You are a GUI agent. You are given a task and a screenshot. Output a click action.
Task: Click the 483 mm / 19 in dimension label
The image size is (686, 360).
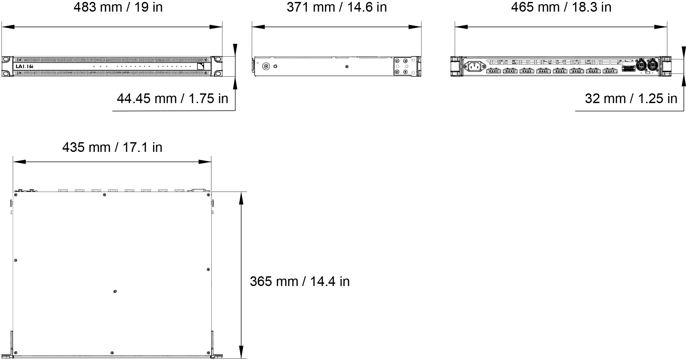(x=118, y=7)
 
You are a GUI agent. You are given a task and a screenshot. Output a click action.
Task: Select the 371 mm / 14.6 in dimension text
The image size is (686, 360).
(x=337, y=7)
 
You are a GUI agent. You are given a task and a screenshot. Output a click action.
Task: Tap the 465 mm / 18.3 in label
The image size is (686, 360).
(x=561, y=7)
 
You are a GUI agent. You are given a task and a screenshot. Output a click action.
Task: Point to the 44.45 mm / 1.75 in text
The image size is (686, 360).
(x=172, y=98)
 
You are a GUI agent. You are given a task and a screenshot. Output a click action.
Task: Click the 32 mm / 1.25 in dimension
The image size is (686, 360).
(x=631, y=98)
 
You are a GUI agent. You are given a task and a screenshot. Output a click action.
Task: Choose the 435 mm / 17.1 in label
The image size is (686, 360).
(x=112, y=147)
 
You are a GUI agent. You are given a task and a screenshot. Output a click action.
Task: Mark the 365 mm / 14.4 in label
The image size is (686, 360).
(x=300, y=281)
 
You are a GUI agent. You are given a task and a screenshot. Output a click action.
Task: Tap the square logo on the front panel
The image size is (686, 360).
(x=201, y=66)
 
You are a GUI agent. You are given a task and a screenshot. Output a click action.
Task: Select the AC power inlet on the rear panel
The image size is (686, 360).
(x=474, y=67)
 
